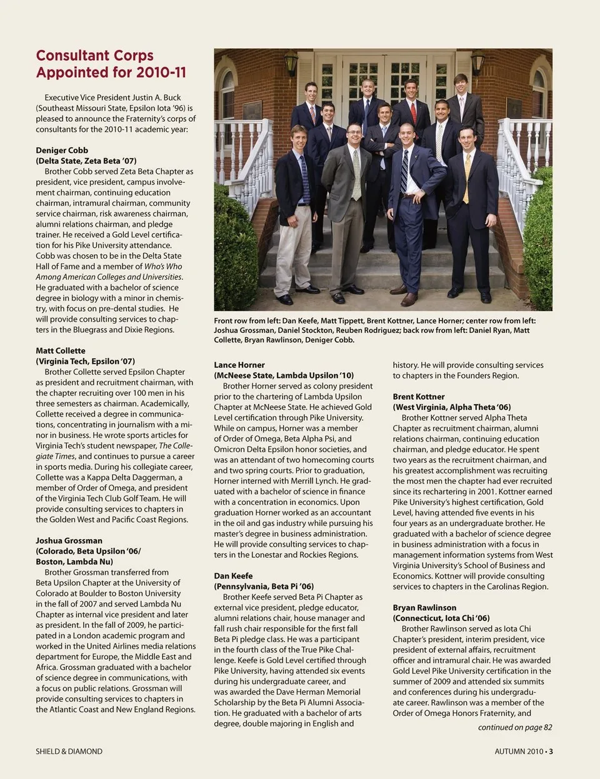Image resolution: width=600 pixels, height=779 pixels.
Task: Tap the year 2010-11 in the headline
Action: click(x=161, y=72)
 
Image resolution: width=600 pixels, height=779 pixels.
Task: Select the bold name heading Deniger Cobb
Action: click(x=62, y=151)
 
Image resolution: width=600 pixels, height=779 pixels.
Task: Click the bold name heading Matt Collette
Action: click(x=61, y=351)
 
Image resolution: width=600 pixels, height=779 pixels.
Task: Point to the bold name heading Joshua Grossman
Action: click(x=69, y=541)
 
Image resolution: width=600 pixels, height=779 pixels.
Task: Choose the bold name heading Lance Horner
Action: click(x=239, y=365)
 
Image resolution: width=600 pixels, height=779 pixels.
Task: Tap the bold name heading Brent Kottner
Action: click(x=419, y=397)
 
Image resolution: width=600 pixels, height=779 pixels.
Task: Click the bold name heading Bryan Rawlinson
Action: click(x=424, y=608)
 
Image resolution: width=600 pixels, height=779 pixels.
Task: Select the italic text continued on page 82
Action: click(x=515, y=727)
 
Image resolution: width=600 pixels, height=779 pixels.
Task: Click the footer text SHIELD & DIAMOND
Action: click(x=69, y=752)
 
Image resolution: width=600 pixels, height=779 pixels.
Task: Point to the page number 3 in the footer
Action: click(x=551, y=752)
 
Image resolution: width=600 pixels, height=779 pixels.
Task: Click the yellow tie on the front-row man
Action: click(x=466, y=178)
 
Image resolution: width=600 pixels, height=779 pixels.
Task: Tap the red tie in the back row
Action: click(x=413, y=112)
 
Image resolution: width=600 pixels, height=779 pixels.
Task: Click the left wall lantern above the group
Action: click(x=291, y=62)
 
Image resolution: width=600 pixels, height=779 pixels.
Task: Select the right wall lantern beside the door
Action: click(x=478, y=62)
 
